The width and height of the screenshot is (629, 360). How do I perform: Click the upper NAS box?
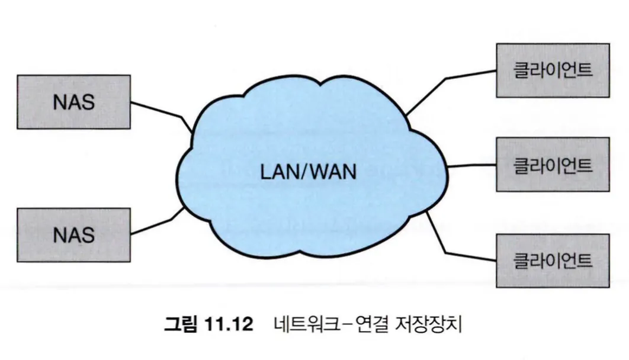(73, 101)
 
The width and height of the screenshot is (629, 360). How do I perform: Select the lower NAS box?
(73, 235)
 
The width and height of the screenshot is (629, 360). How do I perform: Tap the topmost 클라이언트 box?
(553, 70)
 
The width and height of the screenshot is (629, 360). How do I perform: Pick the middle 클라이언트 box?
(553, 165)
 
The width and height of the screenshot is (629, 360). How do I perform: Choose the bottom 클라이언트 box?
(553, 261)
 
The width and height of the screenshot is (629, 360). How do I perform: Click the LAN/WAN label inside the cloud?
(309, 172)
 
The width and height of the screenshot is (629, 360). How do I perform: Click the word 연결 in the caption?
(377, 325)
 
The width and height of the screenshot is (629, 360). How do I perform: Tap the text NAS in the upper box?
(73, 101)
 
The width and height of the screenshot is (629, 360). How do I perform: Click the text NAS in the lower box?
(73, 235)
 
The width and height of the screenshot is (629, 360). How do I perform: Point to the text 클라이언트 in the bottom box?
(553, 261)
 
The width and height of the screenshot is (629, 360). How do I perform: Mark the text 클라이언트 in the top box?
(553, 70)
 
